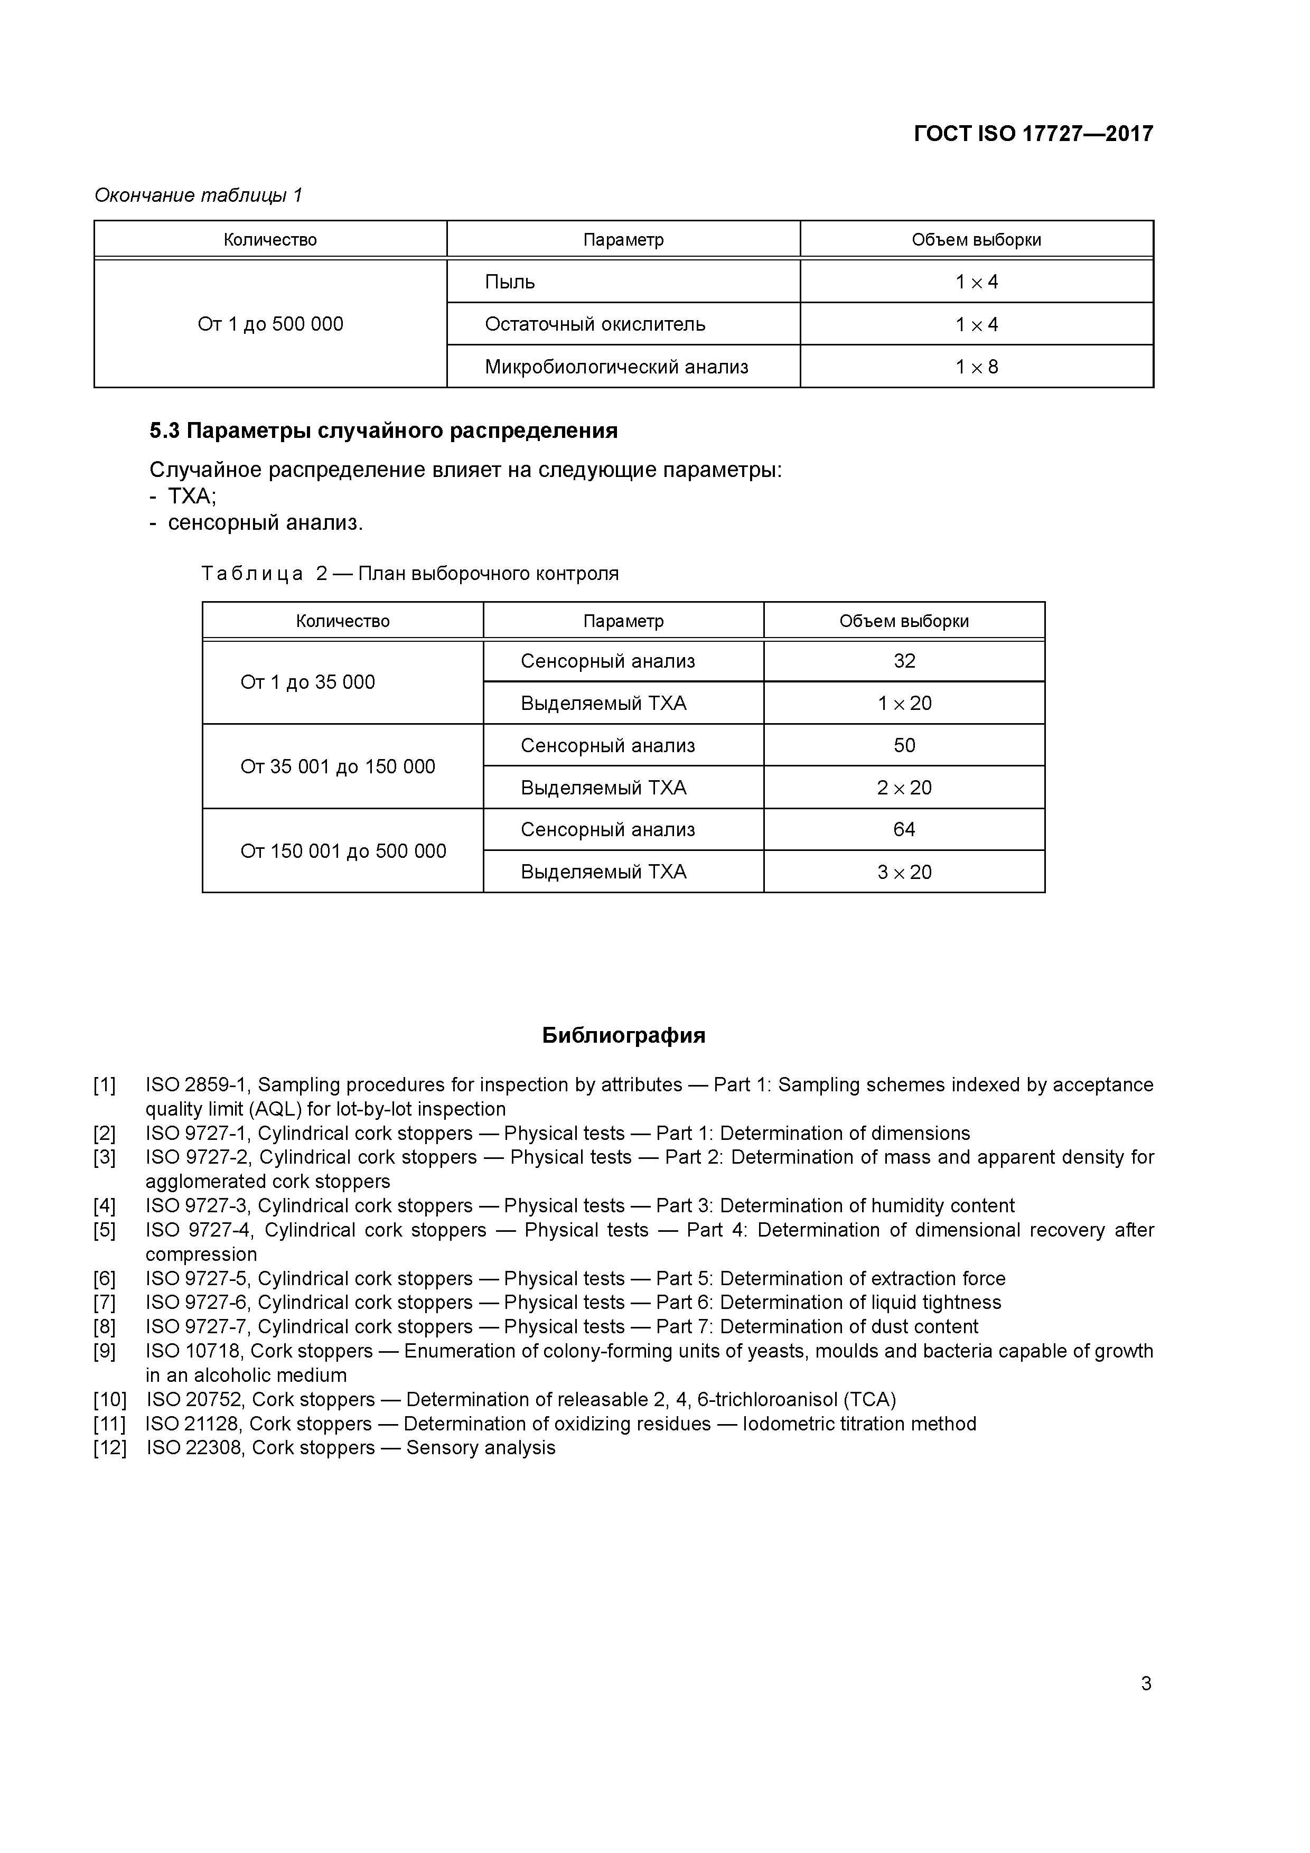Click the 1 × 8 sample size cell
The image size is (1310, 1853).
coord(977,367)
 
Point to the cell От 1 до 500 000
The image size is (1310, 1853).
coord(270,324)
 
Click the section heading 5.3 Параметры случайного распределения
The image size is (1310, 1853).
coord(383,431)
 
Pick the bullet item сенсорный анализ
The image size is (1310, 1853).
coord(265,523)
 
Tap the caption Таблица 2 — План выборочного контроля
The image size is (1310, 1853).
coord(409,574)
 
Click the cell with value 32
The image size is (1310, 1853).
coord(904,661)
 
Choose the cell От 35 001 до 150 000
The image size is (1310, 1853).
coord(338,766)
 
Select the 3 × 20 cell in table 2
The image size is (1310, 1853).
coord(904,872)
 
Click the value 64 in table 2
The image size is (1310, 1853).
coord(904,830)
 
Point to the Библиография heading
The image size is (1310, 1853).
coord(623,1035)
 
